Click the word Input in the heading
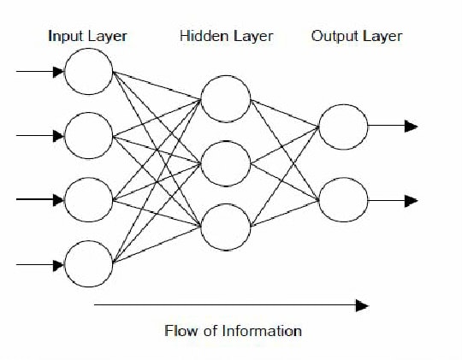click(x=65, y=37)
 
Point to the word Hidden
click(x=204, y=36)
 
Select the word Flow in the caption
click(x=181, y=331)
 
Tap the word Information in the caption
click(x=262, y=331)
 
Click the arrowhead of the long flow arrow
click(x=362, y=305)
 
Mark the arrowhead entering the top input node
click(x=59, y=72)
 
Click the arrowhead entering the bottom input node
click(x=59, y=265)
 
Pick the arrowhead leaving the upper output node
click(x=412, y=126)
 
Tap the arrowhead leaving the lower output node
click(x=412, y=201)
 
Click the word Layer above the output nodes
click(x=382, y=37)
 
